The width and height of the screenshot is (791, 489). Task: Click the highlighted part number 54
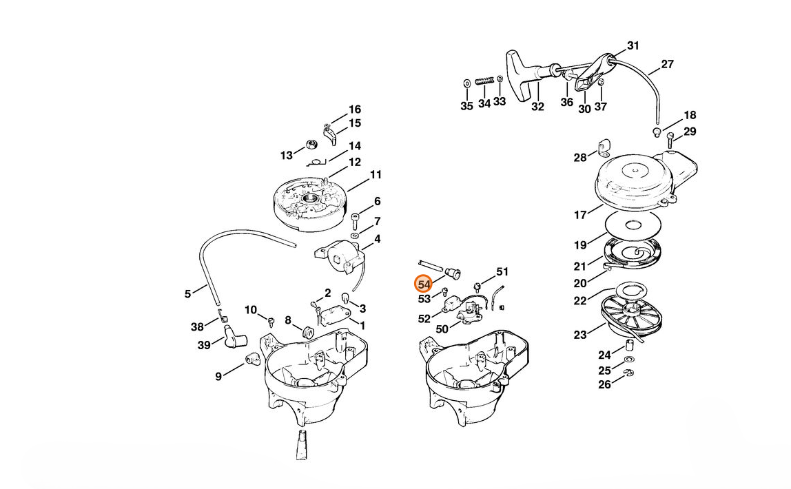[x=424, y=284]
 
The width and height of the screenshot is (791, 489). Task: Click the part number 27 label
[x=667, y=65]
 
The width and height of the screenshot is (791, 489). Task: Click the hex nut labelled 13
[x=311, y=145]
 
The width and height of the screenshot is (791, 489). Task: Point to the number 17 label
[x=581, y=215]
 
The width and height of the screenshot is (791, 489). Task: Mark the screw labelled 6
[x=356, y=221]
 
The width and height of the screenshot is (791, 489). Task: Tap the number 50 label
[x=442, y=329]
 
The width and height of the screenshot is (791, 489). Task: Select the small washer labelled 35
[x=466, y=83]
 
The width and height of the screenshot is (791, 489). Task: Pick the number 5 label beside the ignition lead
[x=188, y=294]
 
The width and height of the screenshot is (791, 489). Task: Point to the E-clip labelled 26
[x=629, y=373]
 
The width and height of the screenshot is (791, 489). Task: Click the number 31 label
[x=633, y=46]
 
